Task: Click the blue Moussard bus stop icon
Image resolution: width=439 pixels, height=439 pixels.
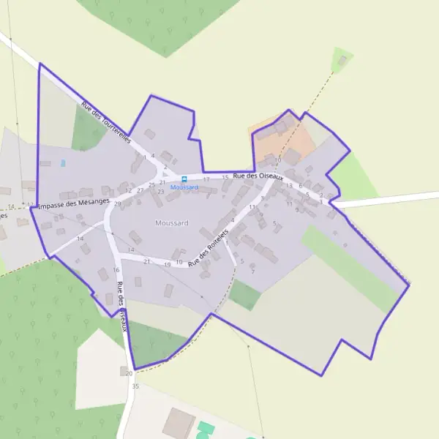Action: pyautogui.click(x=183, y=179)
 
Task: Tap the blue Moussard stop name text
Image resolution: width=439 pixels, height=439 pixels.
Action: pyautogui.click(x=184, y=187)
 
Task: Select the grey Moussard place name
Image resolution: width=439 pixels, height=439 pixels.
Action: pyautogui.click(x=172, y=222)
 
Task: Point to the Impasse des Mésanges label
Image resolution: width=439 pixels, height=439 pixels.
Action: pyautogui.click(x=73, y=203)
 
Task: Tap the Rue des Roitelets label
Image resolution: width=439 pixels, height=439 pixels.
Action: pyautogui.click(x=209, y=246)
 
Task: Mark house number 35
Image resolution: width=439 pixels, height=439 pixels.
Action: pyautogui.click(x=135, y=386)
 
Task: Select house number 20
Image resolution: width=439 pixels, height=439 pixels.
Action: pyautogui.click(x=130, y=372)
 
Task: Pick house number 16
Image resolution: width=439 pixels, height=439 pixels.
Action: pyautogui.click(x=116, y=270)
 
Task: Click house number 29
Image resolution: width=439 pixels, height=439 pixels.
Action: pyautogui.click(x=117, y=203)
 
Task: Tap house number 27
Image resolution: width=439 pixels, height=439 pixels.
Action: pyautogui.click(x=140, y=190)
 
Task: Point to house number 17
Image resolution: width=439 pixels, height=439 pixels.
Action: pyautogui.click(x=206, y=179)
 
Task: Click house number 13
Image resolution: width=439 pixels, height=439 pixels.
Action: pyautogui.click(x=289, y=186)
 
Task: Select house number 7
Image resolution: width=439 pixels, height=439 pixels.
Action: pyautogui.click(x=252, y=271)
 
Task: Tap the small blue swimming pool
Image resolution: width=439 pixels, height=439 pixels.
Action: pyautogui.click(x=63, y=162)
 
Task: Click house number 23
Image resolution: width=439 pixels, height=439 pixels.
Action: pyautogui.click(x=160, y=192)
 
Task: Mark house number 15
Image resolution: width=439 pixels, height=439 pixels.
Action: pyautogui.click(x=225, y=178)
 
